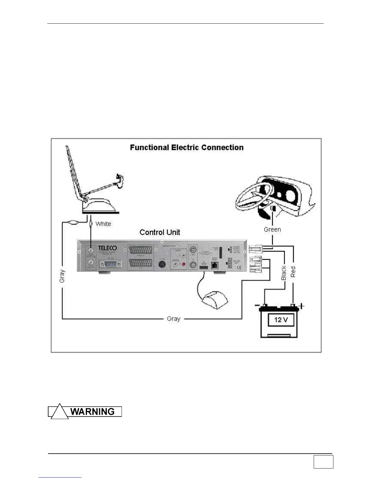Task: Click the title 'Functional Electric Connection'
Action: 187,148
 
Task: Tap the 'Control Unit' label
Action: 160,232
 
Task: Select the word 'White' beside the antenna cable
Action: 103,224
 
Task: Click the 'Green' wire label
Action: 272,229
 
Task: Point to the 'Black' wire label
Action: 284,273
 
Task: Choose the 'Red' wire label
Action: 293,272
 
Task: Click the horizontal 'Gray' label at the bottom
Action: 173,319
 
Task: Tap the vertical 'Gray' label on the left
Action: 62,276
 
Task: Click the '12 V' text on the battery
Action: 281,320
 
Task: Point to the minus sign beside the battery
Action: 257,305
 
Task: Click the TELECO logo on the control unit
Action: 107,248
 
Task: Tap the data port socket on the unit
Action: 215,265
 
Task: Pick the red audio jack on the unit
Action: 183,264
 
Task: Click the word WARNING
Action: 92,412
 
